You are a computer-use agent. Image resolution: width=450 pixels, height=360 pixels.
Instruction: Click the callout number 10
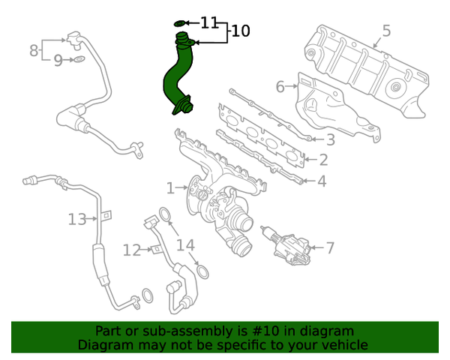[x=240, y=31]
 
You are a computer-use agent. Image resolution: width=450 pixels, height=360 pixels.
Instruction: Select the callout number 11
[x=208, y=22]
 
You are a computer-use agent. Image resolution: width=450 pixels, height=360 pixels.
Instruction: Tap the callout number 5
[x=386, y=31]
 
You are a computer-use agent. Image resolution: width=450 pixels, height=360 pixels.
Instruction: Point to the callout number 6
[x=280, y=87]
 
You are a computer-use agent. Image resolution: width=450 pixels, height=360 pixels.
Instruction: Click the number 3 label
[x=329, y=139]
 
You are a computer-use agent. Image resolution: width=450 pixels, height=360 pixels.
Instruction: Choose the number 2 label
[x=322, y=160]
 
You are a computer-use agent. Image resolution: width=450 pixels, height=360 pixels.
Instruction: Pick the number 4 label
[x=321, y=181]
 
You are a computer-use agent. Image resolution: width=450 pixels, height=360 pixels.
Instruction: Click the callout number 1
[x=170, y=187]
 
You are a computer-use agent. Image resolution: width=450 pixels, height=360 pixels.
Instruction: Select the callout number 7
[x=330, y=247]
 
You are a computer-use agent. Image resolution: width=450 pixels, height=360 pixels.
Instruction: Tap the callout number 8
[x=34, y=50]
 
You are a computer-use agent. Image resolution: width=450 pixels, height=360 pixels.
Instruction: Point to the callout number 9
[x=58, y=61]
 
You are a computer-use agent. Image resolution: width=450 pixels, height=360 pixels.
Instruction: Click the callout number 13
[x=77, y=219]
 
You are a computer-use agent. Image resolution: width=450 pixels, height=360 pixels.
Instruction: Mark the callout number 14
[x=185, y=245]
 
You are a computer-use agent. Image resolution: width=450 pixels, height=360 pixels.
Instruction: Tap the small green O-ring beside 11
[x=181, y=23]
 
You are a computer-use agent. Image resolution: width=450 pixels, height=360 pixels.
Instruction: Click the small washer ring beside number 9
[x=79, y=58]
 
